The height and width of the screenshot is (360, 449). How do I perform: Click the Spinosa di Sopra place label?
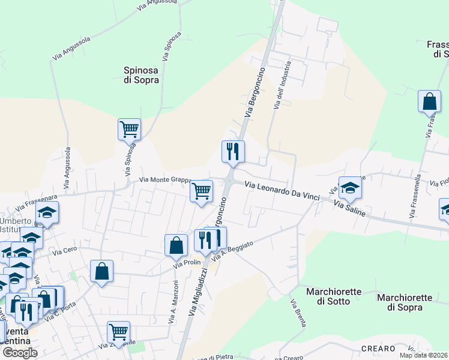(x=141, y=74)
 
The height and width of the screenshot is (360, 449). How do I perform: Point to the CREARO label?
(x=378, y=349)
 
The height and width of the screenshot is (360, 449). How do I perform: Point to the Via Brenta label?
(x=298, y=314)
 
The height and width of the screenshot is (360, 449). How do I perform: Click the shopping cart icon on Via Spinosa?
(x=129, y=129)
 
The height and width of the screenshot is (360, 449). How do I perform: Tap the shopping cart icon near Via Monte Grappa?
(x=202, y=191)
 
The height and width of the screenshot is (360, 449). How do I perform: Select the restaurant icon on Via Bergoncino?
(x=233, y=151)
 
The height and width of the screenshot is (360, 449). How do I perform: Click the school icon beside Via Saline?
(x=350, y=188)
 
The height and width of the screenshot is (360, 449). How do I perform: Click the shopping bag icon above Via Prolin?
(x=176, y=245)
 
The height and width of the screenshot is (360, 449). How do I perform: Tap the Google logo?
(x=19, y=353)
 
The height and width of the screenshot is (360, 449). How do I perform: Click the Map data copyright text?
(x=424, y=355)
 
